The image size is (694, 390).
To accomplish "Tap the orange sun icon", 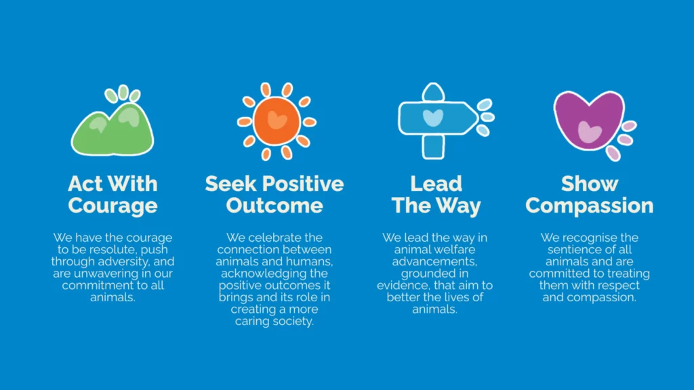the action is point(277,121).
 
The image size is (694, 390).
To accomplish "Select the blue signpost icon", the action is point(445,121).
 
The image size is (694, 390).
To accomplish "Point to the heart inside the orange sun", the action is point(277,120).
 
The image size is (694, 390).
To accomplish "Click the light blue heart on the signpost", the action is point(433,118).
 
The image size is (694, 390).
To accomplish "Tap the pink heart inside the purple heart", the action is point(590,132).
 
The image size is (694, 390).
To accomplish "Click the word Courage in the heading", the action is point(113,206).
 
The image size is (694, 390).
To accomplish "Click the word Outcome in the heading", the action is point(274,206).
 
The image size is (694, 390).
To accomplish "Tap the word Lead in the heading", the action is point(436,183).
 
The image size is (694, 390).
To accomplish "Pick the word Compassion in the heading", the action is point(590,206).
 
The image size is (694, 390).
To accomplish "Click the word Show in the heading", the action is point(590,183).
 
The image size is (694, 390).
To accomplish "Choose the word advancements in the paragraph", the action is point(434,261).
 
